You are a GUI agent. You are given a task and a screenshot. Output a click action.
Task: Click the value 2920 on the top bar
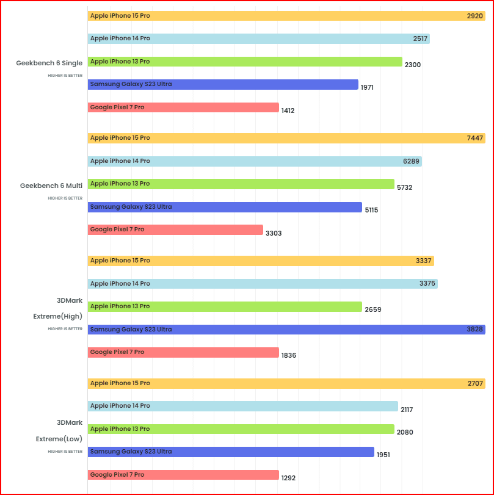(474, 16)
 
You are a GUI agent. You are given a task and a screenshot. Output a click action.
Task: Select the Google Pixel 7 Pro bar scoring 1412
(183, 107)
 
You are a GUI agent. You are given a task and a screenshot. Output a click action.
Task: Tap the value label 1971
(367, 87)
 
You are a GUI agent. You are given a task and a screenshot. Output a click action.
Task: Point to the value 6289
(411, 161)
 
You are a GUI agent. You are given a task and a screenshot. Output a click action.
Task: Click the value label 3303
(273, 233)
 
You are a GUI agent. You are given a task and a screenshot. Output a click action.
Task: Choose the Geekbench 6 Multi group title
(51, 186)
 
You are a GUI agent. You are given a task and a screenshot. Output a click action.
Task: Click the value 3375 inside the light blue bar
(427, 284)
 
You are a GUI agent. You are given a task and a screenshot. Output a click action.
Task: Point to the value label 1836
(289, 355)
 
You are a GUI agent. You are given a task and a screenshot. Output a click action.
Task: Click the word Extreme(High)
(58, 317)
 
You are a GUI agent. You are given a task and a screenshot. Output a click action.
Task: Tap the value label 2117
(407, 410)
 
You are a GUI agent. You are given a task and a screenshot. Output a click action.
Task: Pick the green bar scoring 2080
(241, 429)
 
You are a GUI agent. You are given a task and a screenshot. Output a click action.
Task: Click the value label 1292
(288, 478)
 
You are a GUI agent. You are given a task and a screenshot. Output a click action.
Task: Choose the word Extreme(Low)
(59, 439)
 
